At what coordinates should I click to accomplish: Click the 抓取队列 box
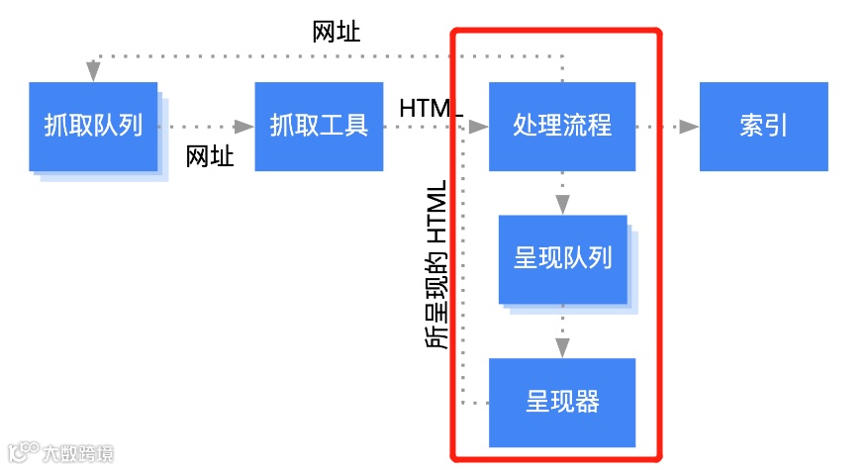pos(93,127)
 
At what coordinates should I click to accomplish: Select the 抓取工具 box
pos(319,127)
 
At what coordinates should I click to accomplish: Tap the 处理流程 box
pos(562,127)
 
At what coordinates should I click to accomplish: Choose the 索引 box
pos(763,127)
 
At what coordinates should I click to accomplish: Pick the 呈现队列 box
pos(562,259)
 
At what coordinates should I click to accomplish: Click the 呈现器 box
pos(562,402)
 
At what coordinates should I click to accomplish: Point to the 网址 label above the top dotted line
pos(337,32)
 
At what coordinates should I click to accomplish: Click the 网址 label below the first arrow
pos(210,155)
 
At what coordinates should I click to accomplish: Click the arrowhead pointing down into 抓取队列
pos(93,72)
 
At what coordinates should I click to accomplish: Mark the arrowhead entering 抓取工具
pos(244,127)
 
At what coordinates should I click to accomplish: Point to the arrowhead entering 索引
pos(689,127)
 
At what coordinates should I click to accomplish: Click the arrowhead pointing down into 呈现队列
pos(562,206)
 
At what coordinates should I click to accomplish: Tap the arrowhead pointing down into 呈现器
pos(562,347)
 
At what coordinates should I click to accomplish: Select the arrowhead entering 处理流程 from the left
pos(479,127)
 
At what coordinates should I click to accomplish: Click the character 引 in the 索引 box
pos(776,127)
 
